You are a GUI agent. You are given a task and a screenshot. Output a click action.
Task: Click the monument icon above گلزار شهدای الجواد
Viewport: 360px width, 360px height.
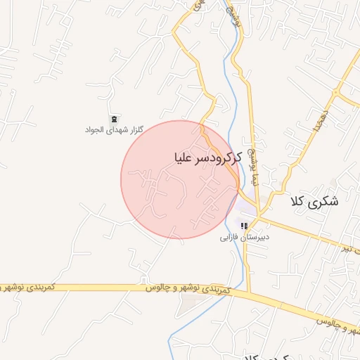coord(113,118)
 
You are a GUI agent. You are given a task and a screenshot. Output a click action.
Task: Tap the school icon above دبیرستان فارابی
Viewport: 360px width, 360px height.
coord(244,226)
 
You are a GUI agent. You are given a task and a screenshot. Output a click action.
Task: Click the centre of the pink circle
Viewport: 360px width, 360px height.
coord(180,179)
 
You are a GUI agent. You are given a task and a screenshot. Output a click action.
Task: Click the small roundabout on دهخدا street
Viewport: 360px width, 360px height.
coord(337,91)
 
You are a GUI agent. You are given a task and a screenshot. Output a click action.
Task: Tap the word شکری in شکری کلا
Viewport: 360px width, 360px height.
coord(324,201)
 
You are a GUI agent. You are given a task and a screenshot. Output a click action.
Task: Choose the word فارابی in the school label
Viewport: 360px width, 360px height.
coord(231,238)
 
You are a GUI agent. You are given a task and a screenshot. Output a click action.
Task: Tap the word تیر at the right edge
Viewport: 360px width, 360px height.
coord(349,248)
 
